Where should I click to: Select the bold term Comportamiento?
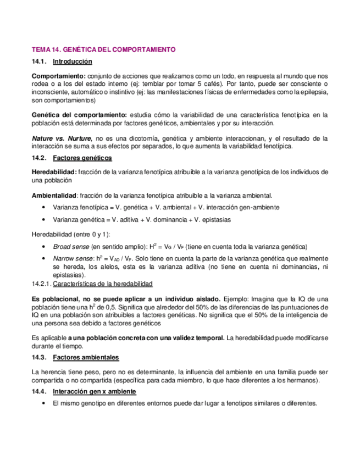[58, 75]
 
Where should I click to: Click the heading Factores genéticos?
[82, 158]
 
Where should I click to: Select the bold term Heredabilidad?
[54, 172]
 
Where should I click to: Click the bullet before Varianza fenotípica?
[43, 207]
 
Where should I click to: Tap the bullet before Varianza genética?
[43, 219]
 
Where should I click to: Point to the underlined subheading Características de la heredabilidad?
[103, 284]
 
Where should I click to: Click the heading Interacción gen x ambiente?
[95, 391]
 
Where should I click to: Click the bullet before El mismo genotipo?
[43, 403]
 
